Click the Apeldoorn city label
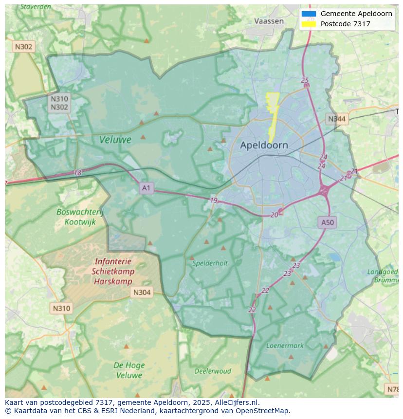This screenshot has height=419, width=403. click(x=264, y=145)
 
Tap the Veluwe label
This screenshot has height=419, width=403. click(x=115, y=140)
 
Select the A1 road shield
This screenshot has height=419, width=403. click(x=146, y=187)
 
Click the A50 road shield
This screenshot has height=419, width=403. click(x=328, y=222)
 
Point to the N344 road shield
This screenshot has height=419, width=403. click(x=337, y=119)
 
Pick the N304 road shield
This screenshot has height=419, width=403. click(x=142, y=292)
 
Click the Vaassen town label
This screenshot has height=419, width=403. click(x=269, y=21)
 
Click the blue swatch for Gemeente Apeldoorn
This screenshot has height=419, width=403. click(x=309, y=14)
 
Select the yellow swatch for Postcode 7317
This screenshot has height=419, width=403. click(x=309, y=24)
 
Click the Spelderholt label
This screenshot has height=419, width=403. click(x=210, y=263)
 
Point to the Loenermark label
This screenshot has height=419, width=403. click(x=285, y=346)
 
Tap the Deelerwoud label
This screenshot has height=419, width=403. click(x=213, y=371)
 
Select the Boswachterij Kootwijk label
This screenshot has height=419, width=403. click(x=80, y=217)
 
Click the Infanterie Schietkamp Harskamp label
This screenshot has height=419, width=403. click(x=113, y=272)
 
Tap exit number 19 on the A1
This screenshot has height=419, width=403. click(x=214, y=200)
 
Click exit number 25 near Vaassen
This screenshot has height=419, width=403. click(x=305, y=80)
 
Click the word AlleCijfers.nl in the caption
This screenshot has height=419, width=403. click(x=238, y=402)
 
